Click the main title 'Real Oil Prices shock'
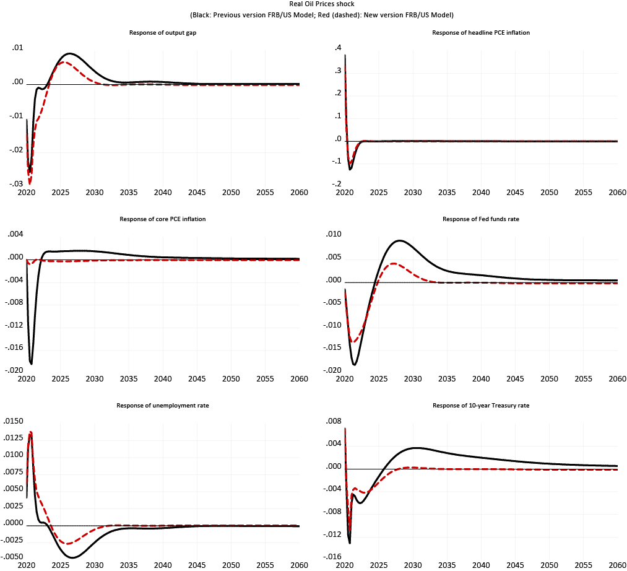click(313, 4)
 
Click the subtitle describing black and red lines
click(313, 15)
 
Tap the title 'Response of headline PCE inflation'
click(481, 32)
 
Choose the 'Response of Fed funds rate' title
click(481, 219)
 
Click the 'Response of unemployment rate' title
click(163, 405)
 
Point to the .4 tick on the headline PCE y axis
click(338, 48)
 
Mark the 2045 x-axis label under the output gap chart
click(197, 193)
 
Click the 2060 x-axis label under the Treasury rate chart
click(617, 565)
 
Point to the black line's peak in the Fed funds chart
click(399, 240)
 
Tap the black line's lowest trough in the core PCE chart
click(31, 364)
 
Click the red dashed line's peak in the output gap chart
click(64, 62)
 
